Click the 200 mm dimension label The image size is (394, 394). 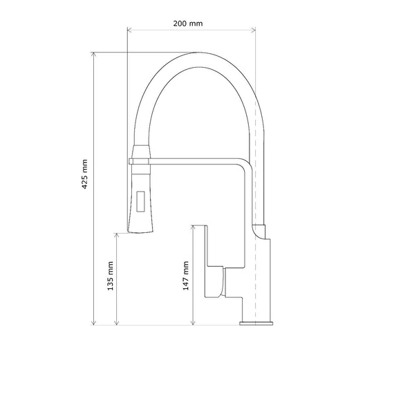(188, 24)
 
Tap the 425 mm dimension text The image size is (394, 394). (85, 174)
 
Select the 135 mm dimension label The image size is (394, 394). (111, 276)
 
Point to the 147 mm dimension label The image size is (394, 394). (186, 275)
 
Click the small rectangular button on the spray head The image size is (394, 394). (140, 202)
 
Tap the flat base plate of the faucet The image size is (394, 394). (256, 323)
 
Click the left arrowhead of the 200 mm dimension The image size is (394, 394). (129, 30)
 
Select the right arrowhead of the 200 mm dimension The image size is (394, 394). (254, 30)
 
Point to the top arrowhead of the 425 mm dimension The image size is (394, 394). (93, 55)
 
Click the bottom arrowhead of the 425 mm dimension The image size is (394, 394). (93, 323)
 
